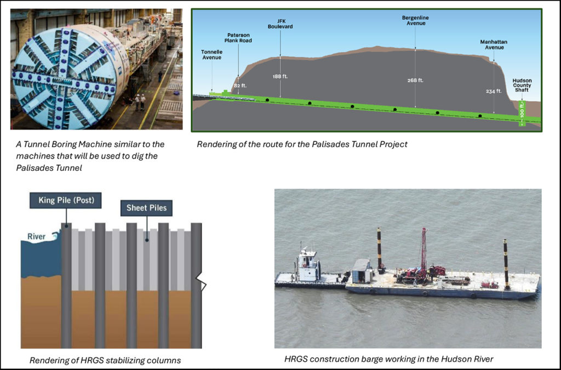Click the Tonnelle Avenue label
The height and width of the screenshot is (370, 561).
click(x=211, y=55)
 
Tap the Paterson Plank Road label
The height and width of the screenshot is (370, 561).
click(x=238, y=37)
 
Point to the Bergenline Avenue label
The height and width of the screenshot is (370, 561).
click(x=415, y=21)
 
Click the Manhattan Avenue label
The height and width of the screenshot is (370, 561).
click(x=492, y=44)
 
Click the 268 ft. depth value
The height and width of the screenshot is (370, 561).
click(x=416, y=80)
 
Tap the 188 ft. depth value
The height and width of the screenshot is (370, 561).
click(x=280, y=77)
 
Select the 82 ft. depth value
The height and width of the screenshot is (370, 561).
click(x=240, y=85)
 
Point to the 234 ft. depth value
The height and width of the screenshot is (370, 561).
click(x=494, y=91)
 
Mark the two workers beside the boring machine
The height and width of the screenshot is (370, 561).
click(x=140, y=101)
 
